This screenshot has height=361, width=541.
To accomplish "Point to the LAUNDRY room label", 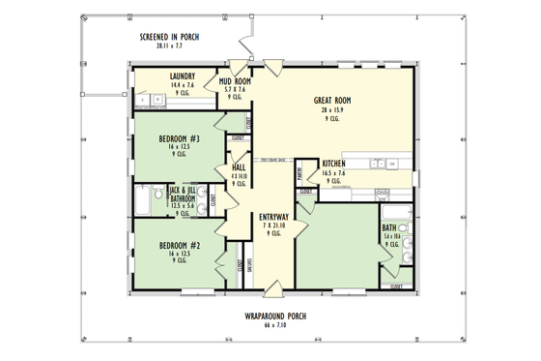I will coord(183,76).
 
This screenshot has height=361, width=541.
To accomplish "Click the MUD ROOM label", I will coord(235,80).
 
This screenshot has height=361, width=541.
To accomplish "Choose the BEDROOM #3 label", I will coord(179,138).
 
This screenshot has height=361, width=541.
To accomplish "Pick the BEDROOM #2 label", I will coord(179,245).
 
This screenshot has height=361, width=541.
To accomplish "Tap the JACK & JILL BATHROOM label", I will coord(183,194).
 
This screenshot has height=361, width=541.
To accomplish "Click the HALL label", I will coord(239,168).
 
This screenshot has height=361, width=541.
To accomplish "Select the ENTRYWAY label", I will coord(271,217).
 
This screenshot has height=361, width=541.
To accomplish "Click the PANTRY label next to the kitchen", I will coord(299,175).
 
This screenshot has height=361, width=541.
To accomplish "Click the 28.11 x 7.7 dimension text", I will coord(170,45).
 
